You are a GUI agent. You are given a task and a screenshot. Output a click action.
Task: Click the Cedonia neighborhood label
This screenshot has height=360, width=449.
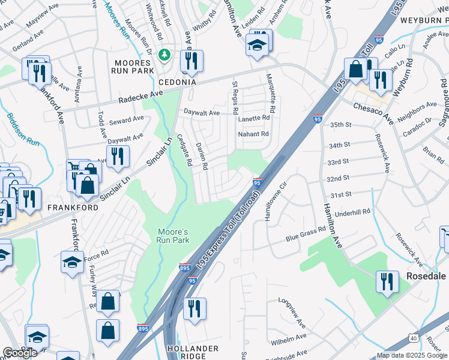177,82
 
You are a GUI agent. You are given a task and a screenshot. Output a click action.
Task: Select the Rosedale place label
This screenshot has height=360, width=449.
426,276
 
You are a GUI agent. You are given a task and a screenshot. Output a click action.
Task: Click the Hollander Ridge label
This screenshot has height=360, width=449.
193,352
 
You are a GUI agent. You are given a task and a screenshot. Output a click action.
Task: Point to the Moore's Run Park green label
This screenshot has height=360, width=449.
173,236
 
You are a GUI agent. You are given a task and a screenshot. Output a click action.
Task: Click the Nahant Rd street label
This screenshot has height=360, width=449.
253,134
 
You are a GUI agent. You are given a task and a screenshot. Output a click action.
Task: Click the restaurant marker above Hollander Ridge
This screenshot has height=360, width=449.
194,308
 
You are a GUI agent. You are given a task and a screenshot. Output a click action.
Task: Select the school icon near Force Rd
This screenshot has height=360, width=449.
72,262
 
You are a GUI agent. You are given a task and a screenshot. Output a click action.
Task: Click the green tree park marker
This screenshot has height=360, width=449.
164,55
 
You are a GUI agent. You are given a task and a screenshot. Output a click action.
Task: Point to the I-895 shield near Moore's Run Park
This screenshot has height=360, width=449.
185,268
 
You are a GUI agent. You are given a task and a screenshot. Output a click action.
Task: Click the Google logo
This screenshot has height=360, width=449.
20,353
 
